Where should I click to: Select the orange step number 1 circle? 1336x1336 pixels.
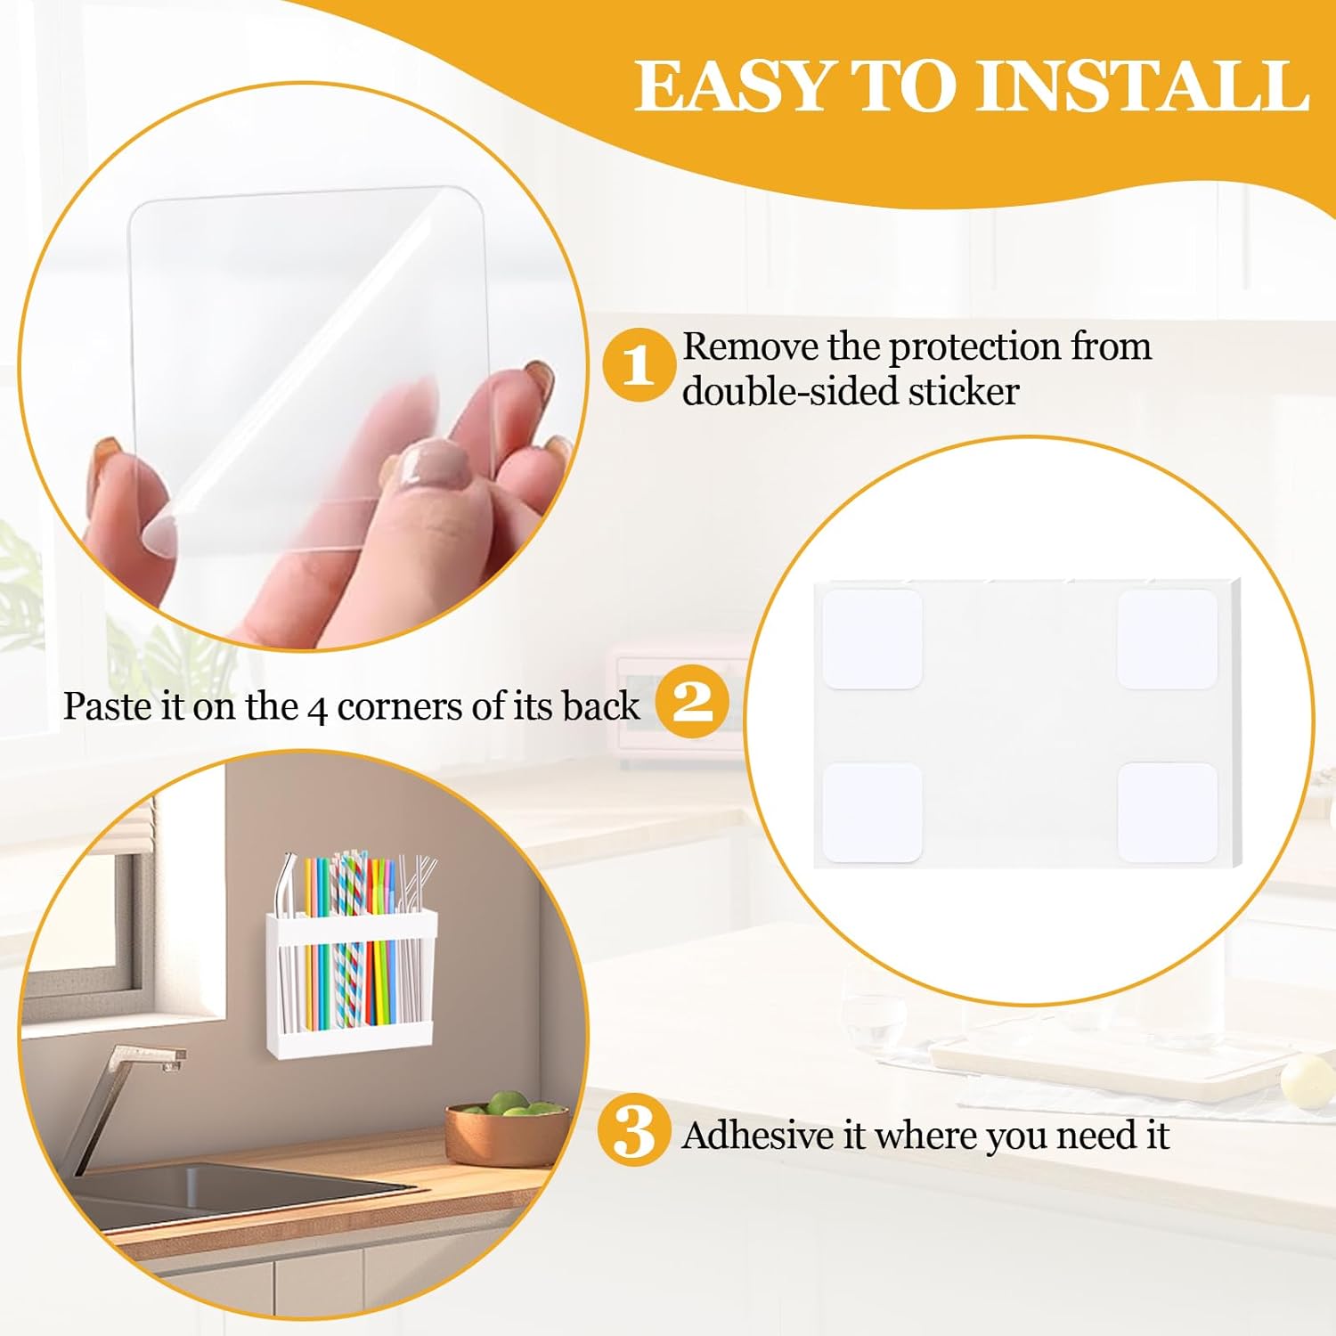tap(638, 364)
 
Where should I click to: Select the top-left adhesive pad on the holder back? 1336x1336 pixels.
tap(871, 639)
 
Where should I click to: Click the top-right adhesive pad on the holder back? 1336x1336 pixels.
tap(1167, 639)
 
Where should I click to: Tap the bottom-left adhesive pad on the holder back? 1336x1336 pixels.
tap(871, 812)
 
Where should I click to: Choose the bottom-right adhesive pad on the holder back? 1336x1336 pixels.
tap(1167, 812)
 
